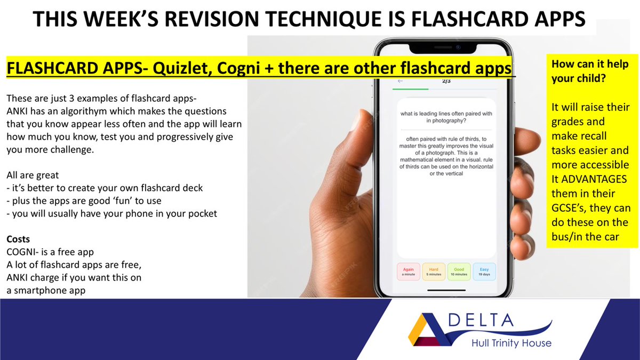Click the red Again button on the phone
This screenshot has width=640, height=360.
tap(409, 271)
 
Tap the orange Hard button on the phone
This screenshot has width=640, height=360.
tap(433, 271)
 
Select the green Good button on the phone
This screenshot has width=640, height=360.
tap(458, 271)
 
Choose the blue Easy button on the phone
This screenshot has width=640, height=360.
tap(484, 271)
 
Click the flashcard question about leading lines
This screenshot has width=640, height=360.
tap(446, 117)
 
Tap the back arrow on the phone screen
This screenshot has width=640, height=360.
tap(401, 81)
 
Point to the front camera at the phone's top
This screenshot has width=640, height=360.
tap(458, 47)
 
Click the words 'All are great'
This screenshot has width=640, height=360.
tap(33, 175)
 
